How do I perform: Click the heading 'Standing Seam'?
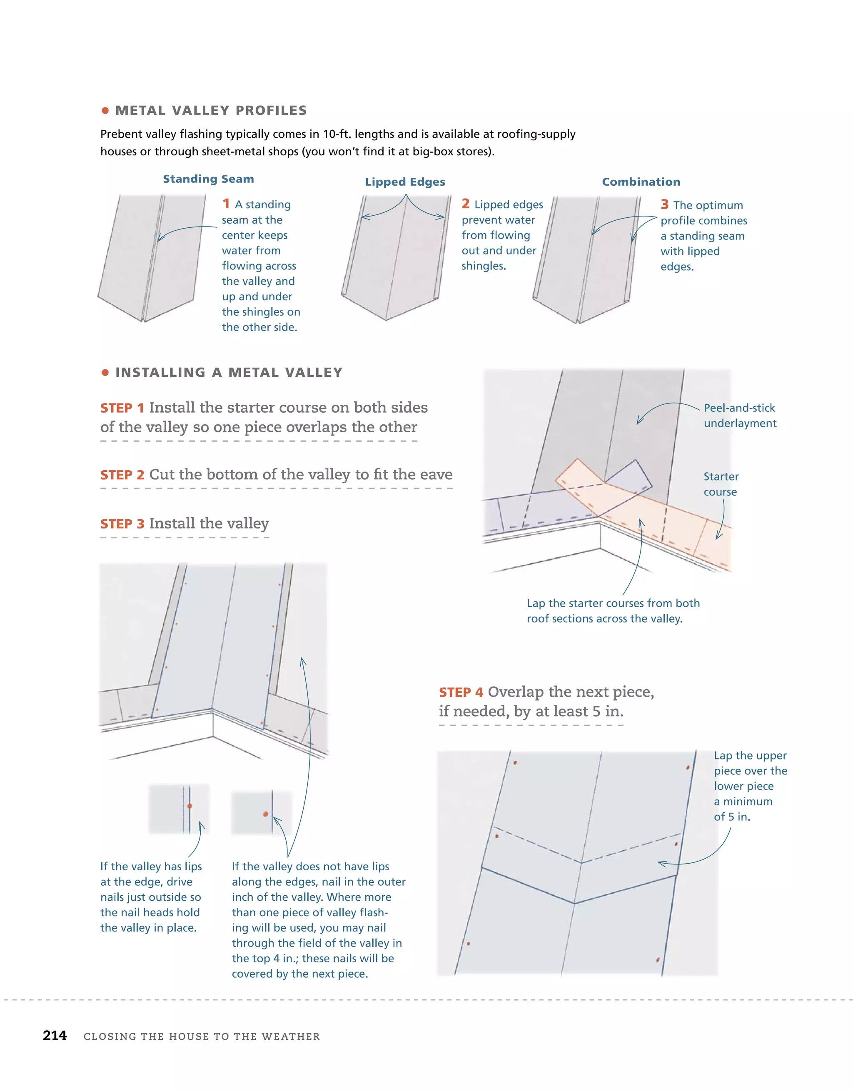(208, 179)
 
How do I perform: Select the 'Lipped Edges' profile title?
(405, 182)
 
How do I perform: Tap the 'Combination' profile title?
(641, 182)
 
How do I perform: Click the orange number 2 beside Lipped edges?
(465, 203)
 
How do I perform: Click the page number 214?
(55, 1035)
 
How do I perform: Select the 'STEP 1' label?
(122, 408)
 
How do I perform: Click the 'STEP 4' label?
(461, 692)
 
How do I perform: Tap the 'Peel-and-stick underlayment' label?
(740, 415)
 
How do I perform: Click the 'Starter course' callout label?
(721, 483)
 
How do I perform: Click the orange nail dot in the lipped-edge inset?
(190, 806)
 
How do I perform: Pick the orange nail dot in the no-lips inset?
(265, 814)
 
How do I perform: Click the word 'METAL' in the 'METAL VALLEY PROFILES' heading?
(140, 110)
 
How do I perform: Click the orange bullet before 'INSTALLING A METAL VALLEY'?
(105, 372)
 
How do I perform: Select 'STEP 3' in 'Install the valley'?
(122, 524)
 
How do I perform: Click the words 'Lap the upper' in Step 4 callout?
(750, 756)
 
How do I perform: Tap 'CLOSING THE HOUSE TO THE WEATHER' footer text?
(202, 1036)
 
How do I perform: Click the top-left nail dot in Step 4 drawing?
(515, 763)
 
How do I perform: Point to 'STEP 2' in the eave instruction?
(122, 475)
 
